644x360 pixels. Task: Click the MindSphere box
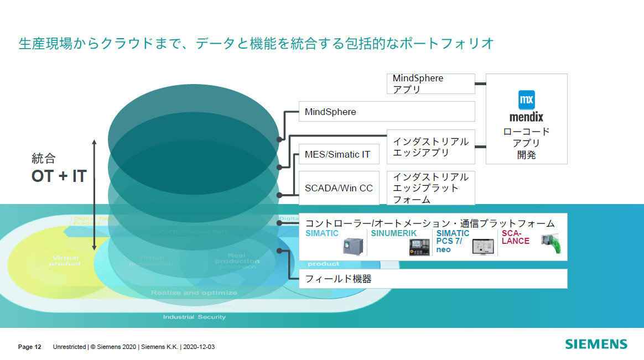tap(386, 112)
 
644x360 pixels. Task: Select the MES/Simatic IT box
tap(339, 154)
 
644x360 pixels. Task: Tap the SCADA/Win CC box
tap(339, 188)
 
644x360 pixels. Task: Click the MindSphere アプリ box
tap(430, 84)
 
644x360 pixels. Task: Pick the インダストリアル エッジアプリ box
tap(430, 147)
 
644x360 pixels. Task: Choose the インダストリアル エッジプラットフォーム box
tap(430, 188)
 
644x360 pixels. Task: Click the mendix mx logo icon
tap(526, 100)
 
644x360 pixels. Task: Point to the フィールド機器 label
tap(338, 279)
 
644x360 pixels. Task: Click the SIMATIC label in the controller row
tap(322, 234)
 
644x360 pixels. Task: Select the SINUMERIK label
tap(393, 234)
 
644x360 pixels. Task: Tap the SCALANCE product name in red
tap(515, 237)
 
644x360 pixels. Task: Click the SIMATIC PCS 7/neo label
tap(453, 241)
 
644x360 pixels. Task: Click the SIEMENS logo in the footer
tap(596, 344)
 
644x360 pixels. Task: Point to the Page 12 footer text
tap(30, 347)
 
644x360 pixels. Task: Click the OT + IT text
tap(59, 176)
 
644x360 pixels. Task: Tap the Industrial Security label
tap(194, 317)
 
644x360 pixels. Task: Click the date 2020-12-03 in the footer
tap(199, 347)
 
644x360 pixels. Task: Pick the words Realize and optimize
tap(194, 293)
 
